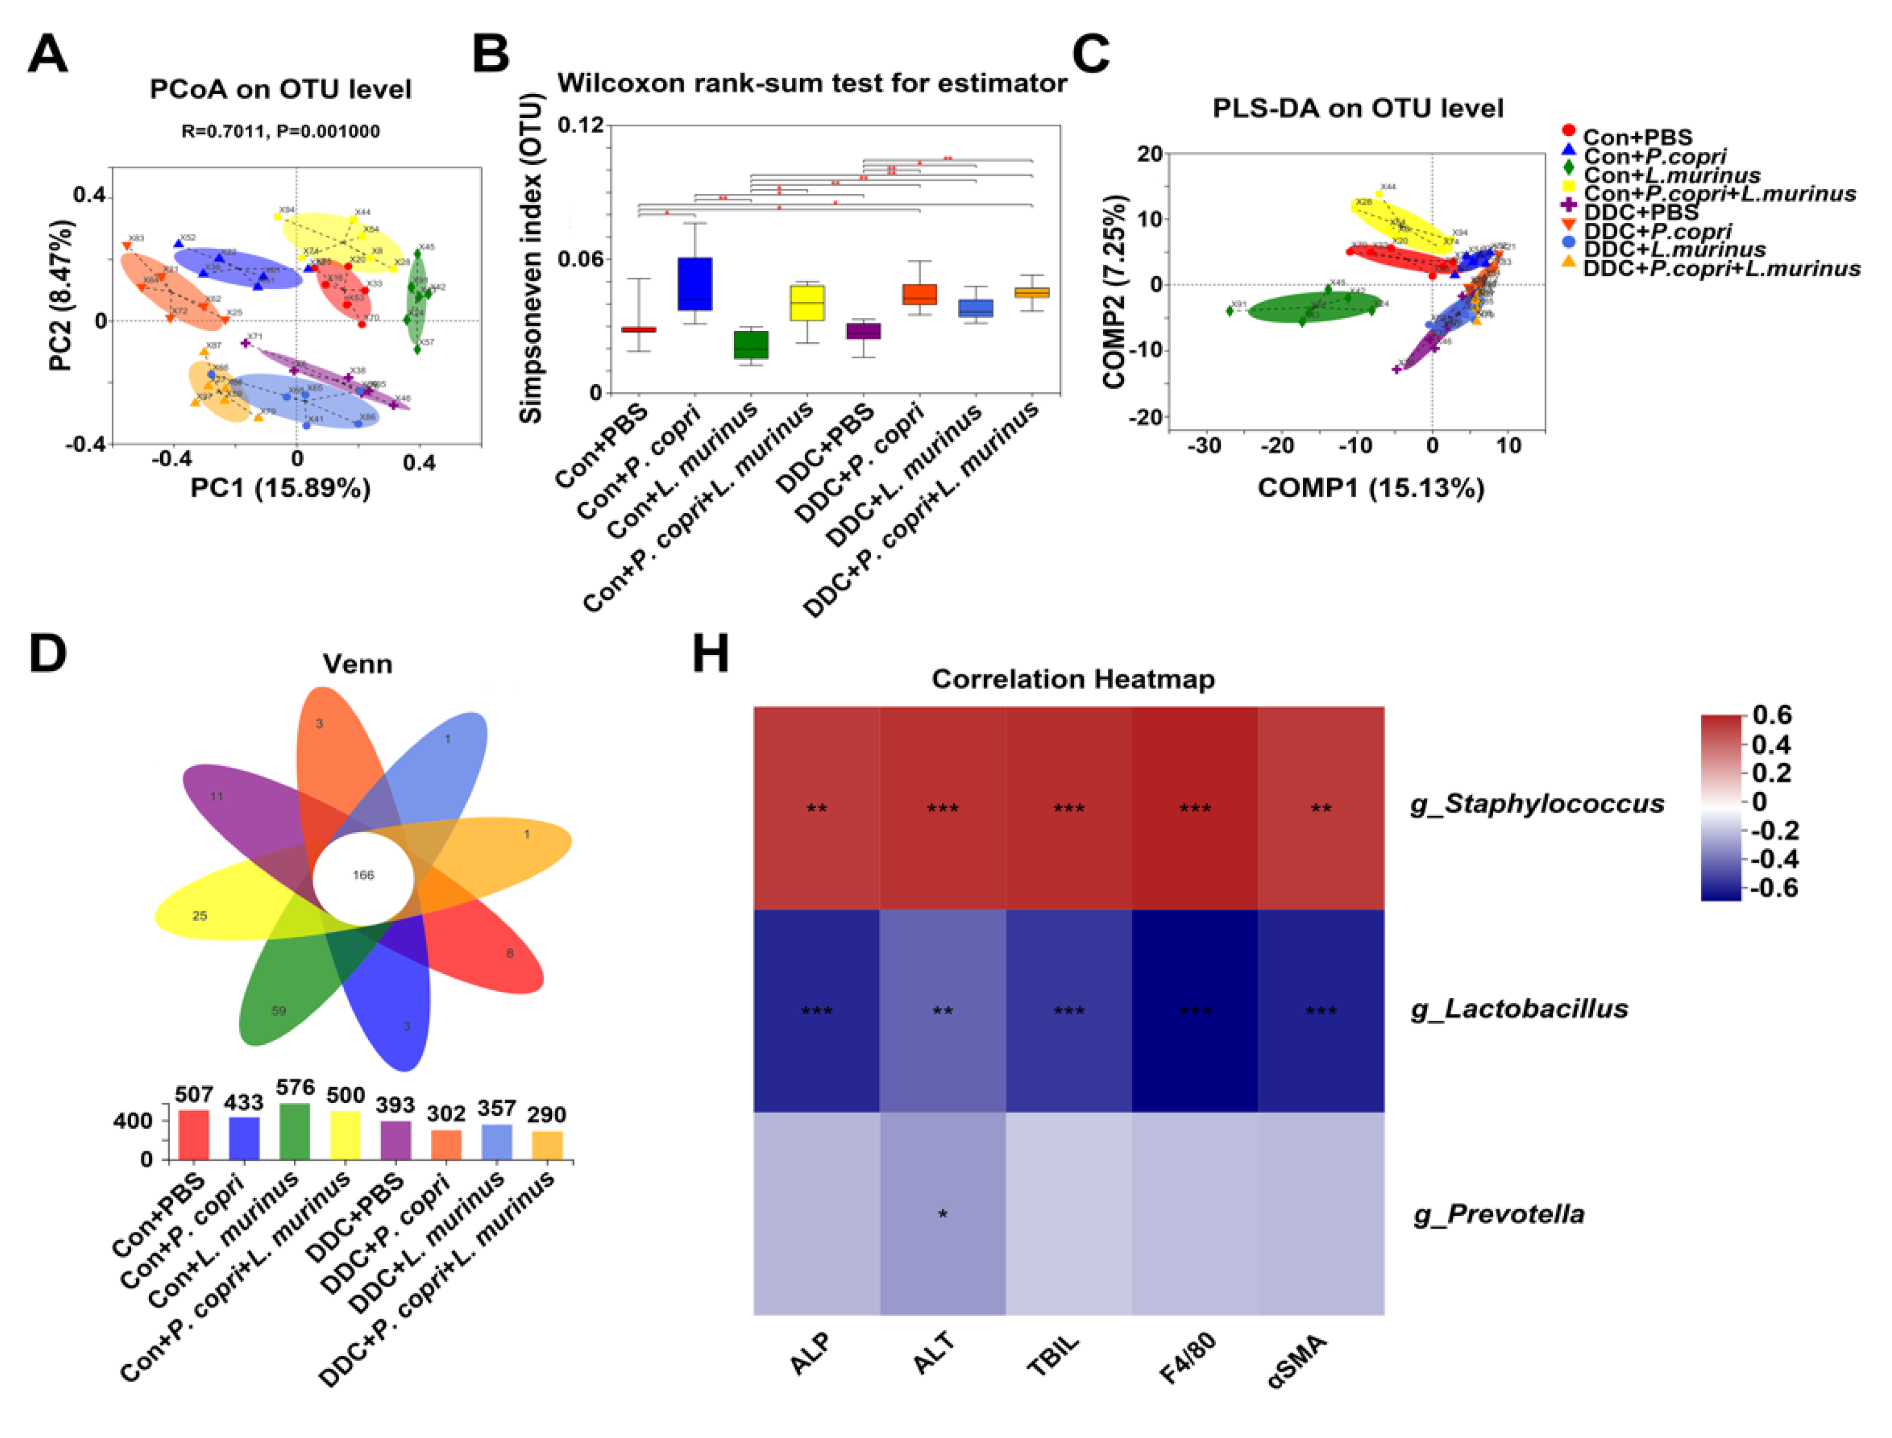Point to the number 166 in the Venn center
pyautogui.click(x=363, y=875)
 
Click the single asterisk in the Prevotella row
pyautogui.click(x=942, y=1214)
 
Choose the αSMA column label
pyautogui.click(x=1297, y=1361)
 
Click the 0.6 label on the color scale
pyautogui.click(x=1771, y=715)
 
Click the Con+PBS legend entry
pyautogui.click(x=1636, y=137)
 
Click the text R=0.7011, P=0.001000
pyautogui.click(x=280, y=131)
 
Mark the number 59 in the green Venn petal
pyautogui.click(x=279, y=1011)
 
